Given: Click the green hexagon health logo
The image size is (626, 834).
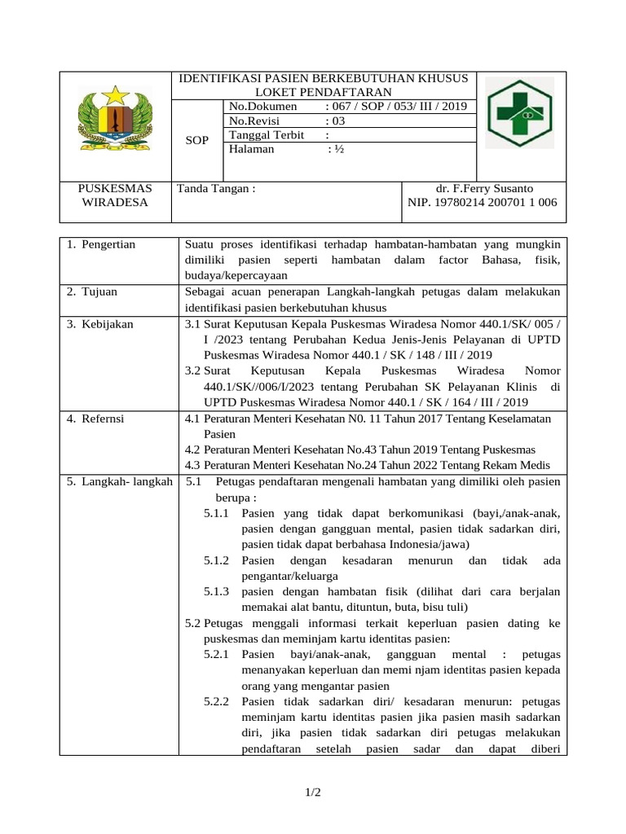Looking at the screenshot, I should pyautogui.click(x=520, y=113).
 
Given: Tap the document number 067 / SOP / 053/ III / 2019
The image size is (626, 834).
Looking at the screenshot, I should pyautogui.click(x=395, y=107).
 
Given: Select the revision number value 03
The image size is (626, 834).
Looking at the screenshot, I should pyautogui.click(x=335, y=121).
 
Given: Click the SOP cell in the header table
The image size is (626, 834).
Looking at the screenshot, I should pyautogui.click(x=197, y=140).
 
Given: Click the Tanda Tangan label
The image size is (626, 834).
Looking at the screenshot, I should pyautogui.click(x=217, y=188).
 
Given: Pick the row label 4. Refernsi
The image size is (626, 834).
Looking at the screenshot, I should pyautogui.click(x=95, y=419).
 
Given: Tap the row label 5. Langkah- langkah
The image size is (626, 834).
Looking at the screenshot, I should pyautogui.click(x=119, y=481).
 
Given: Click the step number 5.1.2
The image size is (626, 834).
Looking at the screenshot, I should pyautogui.click(x=216, y=561).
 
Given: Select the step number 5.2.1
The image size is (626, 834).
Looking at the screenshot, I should pyautogui.click(x=216, y=654).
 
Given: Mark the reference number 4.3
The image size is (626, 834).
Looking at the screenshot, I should pyautogui.click(x=192, y=465).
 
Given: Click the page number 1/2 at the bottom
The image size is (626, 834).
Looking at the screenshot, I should pyautogui.click(x=313, y=792).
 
